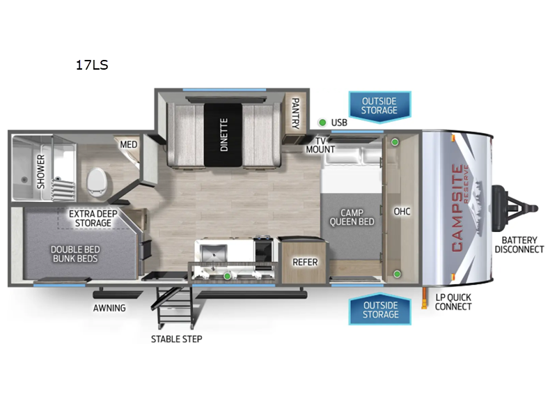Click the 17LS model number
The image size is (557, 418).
92,65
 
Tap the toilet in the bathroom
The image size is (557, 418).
97,181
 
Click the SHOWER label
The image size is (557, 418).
41,171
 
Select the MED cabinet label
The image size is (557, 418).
128,144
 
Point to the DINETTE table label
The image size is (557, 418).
223,134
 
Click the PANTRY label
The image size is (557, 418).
295,113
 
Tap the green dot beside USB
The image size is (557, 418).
322,123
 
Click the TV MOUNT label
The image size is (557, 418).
320,145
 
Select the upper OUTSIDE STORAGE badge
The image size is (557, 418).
379,107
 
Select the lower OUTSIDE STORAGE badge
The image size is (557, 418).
380,309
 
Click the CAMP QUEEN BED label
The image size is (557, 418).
352,217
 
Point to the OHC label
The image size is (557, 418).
402,212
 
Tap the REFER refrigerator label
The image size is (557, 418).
305,262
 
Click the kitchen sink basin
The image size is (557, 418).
213,253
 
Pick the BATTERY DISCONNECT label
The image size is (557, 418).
519,245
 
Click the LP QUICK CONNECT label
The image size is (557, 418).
453,302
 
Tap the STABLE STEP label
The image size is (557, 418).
177,339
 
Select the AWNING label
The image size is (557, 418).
109,308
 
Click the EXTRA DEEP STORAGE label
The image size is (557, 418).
93,218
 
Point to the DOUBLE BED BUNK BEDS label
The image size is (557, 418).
75,254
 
